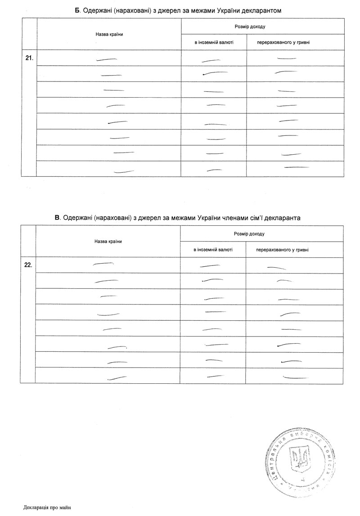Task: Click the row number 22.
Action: tap(28, 265)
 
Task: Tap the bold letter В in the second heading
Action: tap(57, 218)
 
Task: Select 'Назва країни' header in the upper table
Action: tap(109, 34)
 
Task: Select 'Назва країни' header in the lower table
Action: tap(108, 242)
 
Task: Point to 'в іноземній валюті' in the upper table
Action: tap(214, 42)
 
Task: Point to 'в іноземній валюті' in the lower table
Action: tap(213, 250)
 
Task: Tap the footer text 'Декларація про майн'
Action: tap(47, 508)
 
